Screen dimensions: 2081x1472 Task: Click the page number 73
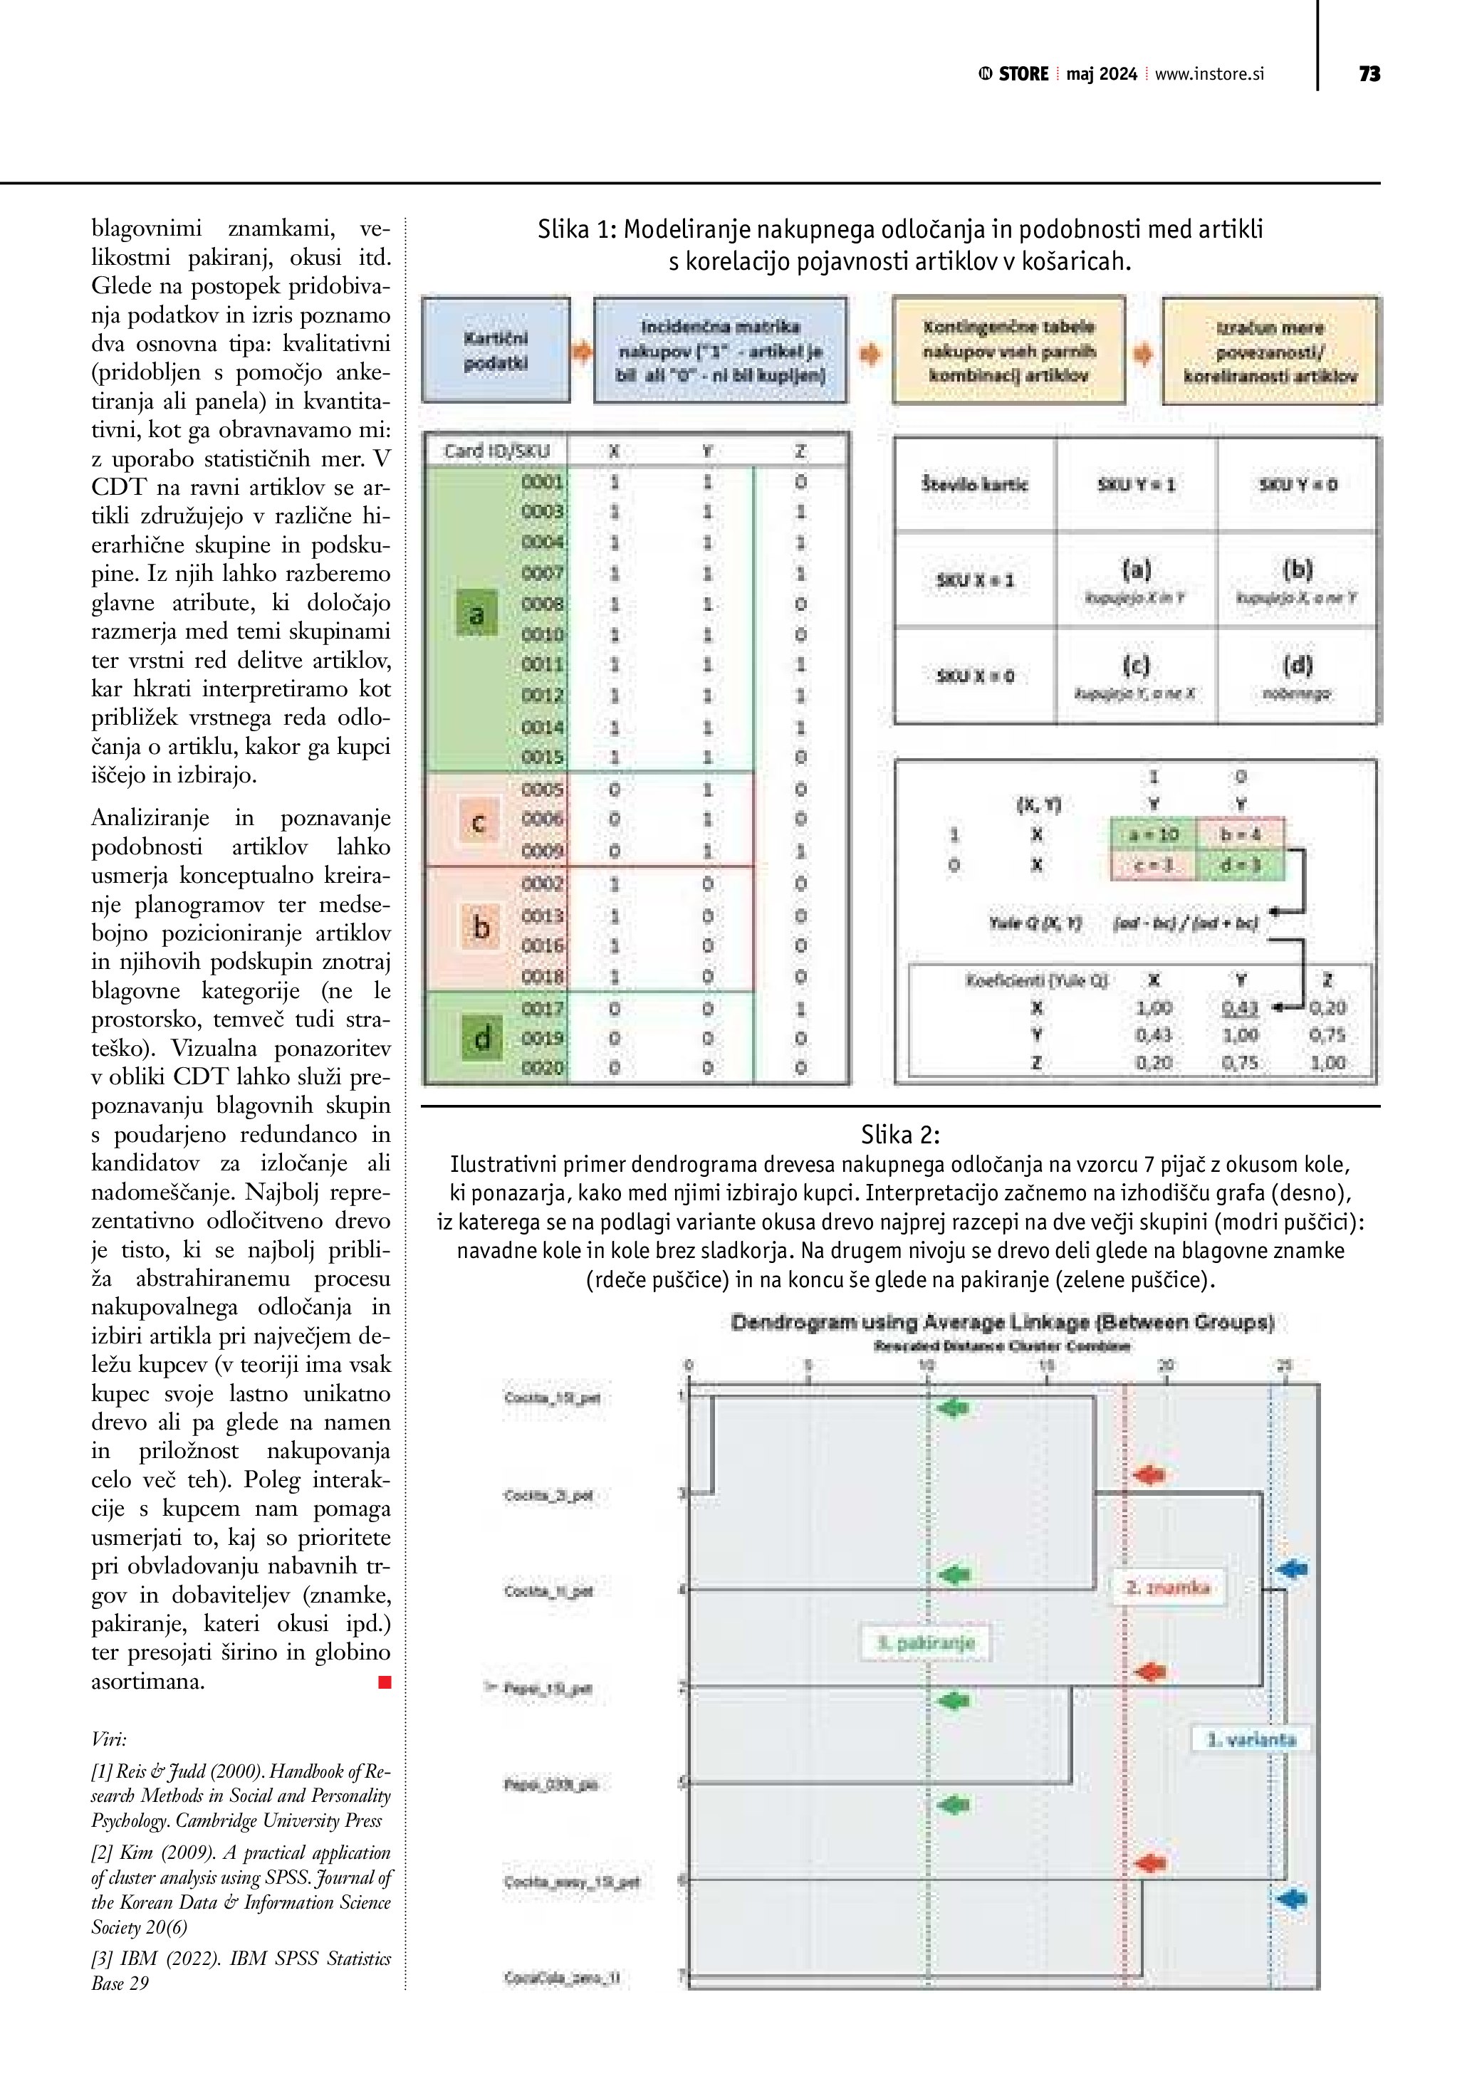click(x=1369, y=74)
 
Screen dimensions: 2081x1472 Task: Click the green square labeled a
click(x=476, y=614)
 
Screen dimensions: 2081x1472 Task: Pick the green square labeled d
click(x=481, y=1037)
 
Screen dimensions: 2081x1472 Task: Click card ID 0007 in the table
click(x=542, y=574)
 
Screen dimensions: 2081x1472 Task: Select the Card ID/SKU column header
click(x=496, y=451)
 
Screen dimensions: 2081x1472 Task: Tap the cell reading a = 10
click(x=1154, y=834)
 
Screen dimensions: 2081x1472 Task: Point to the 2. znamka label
click(x=1167, y=1587)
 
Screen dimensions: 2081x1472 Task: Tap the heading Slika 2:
click(x=900, y=1135)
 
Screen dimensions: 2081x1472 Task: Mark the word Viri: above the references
click(x=109, y=1739)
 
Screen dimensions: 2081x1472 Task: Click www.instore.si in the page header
click(x=1209, y=74)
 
